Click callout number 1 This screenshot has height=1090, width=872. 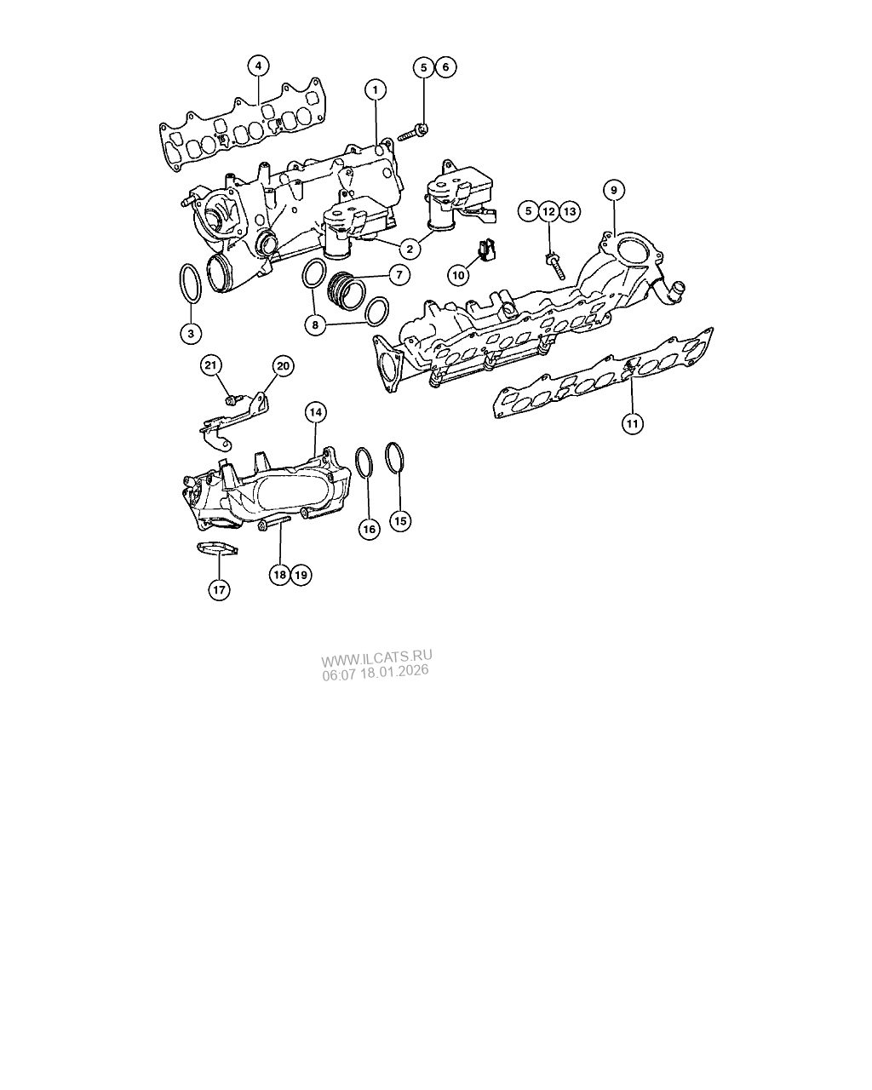click(375, 89)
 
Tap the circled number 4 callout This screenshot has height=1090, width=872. click(258, 66)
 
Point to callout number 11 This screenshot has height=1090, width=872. click(631, 422)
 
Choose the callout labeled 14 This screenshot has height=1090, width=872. click(315, 413)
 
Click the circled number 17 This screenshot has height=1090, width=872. click(219, 589)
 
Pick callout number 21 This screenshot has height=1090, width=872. click(211, 366)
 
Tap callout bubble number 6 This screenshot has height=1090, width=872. click(445, 67)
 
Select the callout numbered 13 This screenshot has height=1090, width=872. click(569, 210)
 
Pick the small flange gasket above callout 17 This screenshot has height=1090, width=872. click(216, 548)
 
